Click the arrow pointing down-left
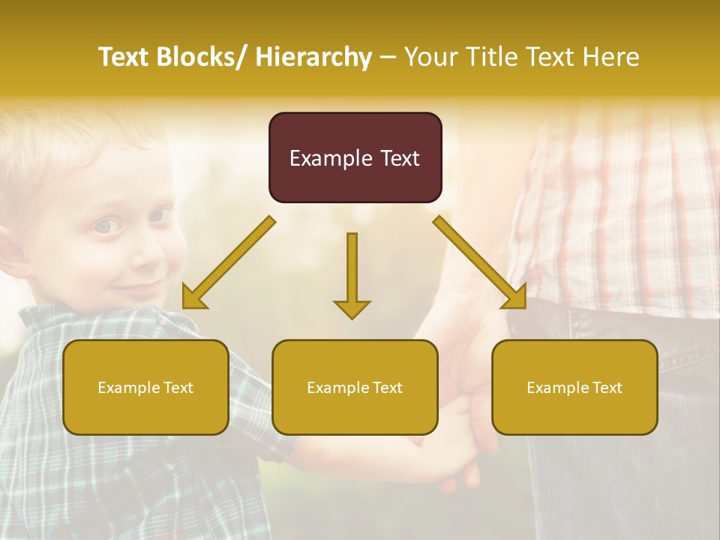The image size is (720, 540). point(228,263)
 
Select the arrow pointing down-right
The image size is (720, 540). point(481,263)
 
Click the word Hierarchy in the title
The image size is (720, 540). point(313,57)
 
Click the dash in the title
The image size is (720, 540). point(388,58)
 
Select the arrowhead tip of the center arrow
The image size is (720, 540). point(352,318)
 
